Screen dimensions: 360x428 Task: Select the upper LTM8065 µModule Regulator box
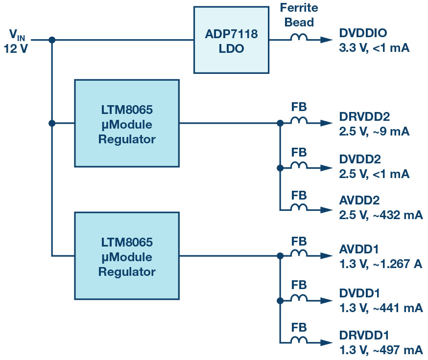[x=127, y=123]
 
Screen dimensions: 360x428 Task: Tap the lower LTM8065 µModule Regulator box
[x=127, y=255]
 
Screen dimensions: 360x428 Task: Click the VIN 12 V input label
[x=17, y=41]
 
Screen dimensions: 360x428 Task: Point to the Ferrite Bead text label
[x=299, y=15]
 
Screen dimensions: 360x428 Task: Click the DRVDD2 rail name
[x=365, y=117]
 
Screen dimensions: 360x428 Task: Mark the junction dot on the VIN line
[x=52, y=40]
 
